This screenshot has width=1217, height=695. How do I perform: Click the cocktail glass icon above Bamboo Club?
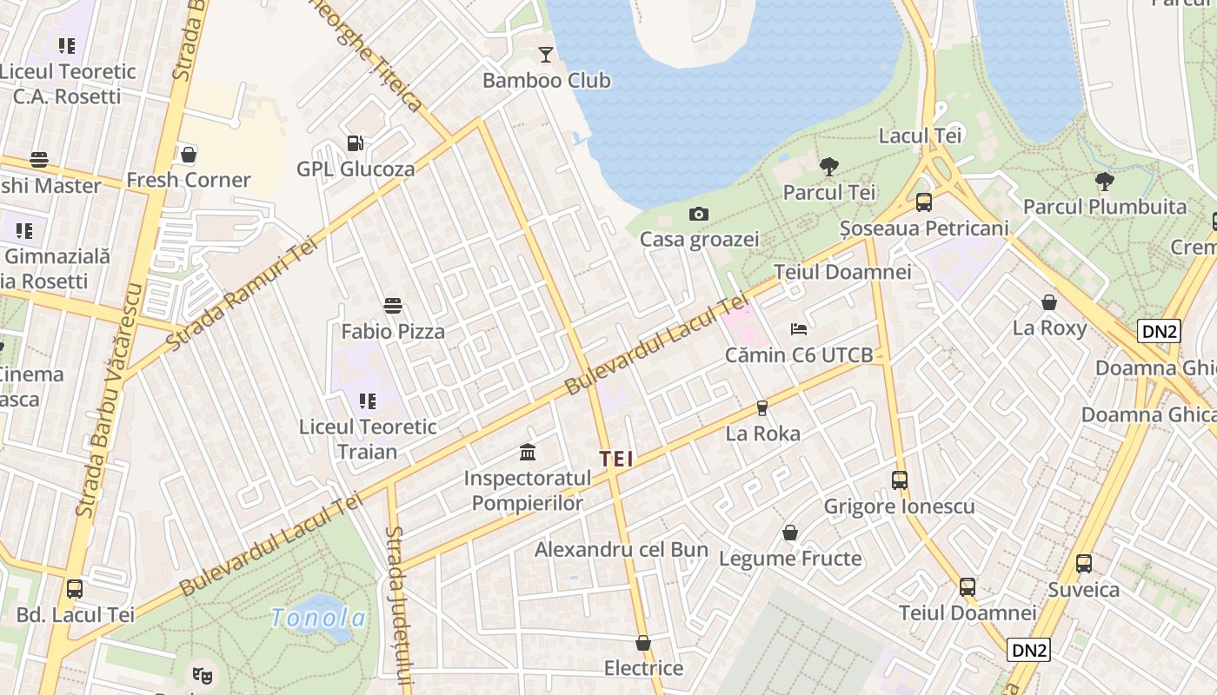545,55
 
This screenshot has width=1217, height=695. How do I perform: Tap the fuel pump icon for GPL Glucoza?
355,143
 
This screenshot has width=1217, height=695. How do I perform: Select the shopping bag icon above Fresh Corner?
188,155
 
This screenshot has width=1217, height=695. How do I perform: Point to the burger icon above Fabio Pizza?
393,306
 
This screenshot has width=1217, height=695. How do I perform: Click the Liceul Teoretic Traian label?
368,439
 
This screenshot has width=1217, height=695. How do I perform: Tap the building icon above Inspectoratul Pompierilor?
528,452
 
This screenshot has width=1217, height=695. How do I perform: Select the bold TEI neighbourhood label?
615,459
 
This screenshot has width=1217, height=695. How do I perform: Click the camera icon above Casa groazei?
699,214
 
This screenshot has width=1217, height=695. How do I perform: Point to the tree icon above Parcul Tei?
829,166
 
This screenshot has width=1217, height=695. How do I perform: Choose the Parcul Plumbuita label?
1104,207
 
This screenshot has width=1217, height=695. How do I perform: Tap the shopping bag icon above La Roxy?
1049,302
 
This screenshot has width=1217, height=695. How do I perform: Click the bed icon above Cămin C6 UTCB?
799,329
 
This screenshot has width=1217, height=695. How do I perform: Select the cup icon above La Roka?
762,407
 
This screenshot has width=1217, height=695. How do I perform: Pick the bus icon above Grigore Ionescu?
899,480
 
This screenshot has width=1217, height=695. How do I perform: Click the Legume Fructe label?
790,559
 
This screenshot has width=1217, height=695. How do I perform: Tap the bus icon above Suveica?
1083,563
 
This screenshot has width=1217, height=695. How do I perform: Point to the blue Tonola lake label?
317,618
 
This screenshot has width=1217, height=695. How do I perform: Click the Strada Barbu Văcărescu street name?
109,400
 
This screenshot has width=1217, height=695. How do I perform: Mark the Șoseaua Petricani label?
924,228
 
